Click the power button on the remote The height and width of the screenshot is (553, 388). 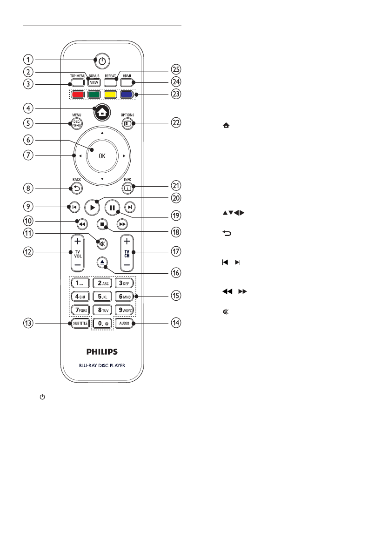(102, 61)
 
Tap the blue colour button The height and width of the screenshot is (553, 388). (127, 94)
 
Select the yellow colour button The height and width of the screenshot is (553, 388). (110, 94)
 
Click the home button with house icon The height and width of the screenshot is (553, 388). (102, 113)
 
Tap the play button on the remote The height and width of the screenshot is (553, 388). (92, 208)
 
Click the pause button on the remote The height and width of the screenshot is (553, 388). (112, 208)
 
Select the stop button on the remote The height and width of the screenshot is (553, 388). (102, 224)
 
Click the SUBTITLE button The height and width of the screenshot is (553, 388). (80, 323)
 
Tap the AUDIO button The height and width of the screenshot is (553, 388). (124, 323)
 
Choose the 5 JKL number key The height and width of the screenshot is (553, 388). (102, 297)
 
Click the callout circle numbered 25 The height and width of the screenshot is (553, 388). (176, 69)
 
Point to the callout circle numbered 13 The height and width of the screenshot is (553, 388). (28, 323)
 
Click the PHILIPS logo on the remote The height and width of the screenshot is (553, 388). (102, 351)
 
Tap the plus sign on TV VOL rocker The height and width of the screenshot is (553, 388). (78, 242)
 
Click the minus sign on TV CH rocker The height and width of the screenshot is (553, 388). (127, 264)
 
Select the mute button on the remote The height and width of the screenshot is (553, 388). (102, 244)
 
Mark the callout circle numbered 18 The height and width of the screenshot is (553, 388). (176, 232)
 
